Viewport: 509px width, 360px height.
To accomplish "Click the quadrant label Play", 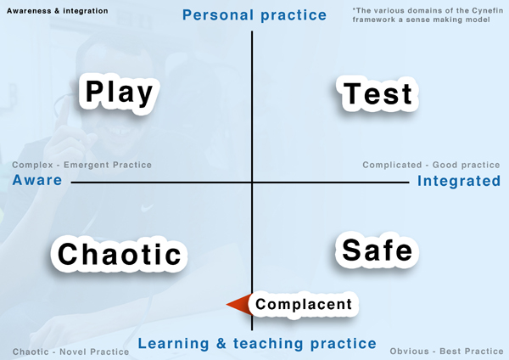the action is (x=119, y=93).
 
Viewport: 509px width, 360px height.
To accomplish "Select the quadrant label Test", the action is (x=378, y=93).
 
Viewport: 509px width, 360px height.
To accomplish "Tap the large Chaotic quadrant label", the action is (x=119, y=254).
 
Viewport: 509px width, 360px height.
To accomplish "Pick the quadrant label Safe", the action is (x=377, y=250).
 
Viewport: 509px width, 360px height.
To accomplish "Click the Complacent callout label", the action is (x=304, y=304).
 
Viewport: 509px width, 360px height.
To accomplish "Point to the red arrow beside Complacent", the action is (x=239, y=305).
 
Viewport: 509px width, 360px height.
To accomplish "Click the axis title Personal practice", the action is (x=255, y=15).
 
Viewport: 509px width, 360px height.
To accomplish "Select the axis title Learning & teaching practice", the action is (x=257, y=343).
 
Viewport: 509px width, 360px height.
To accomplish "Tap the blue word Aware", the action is (x=37, y=180).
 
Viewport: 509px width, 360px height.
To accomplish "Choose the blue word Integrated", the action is (x=459, y=181).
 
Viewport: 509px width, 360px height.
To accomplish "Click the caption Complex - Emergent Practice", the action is (x=81, y=165).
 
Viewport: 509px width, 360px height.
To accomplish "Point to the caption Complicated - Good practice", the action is (x=431, y=165).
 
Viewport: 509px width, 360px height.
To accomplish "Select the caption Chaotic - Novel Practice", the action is (x=70, y=352).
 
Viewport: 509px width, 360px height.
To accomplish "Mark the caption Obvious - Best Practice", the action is (x=446, y=352).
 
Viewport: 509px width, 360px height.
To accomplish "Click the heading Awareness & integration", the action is (x=58, y=11).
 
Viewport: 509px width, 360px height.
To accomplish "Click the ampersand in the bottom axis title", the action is (x=221, y=343).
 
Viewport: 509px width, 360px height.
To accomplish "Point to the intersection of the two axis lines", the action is (x=252, y=183).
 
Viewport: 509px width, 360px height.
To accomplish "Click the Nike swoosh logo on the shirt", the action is (x=147, y=207).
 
